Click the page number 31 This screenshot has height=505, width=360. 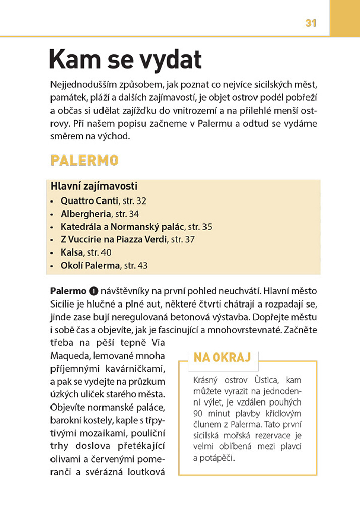(x=311, y=23)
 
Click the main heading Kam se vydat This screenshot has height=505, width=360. (x=125, y=60)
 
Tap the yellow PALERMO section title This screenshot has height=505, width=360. (x=84, y=161)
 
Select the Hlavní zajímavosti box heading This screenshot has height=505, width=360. (x=94, y=186)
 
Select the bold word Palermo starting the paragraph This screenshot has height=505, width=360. (x=68, y=291)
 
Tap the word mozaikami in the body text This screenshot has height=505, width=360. (x=107, y=433)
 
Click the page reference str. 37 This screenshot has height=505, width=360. (x=183, y=239)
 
